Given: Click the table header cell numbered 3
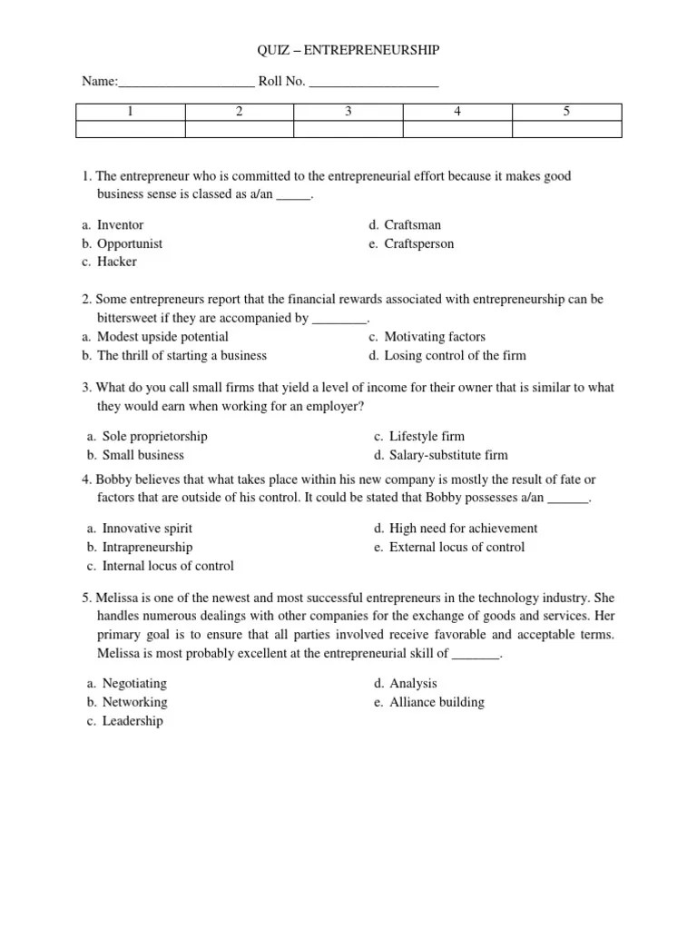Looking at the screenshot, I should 348,112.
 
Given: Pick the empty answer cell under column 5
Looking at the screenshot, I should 567,129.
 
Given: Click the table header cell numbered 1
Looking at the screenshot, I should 130,112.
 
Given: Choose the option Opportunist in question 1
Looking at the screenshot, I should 130,243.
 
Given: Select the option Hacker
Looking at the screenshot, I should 117,262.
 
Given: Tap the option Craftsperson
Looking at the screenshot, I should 418,243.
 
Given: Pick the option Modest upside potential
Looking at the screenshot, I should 162,337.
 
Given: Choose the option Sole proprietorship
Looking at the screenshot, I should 154,437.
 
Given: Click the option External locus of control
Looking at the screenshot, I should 456,547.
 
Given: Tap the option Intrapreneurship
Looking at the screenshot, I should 147,547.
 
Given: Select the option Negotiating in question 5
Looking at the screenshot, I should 134,683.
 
